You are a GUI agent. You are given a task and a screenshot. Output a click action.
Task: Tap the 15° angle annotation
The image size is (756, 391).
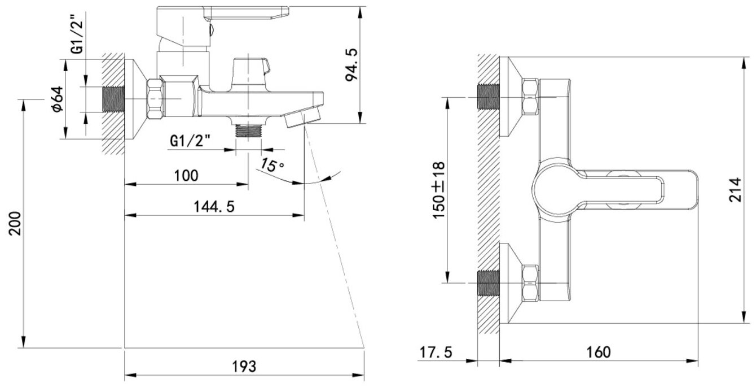coord(271,165)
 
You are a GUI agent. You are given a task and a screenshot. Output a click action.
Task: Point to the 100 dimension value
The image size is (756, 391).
coord(186,175)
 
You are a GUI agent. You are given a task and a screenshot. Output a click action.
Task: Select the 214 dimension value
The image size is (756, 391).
coord(735,191)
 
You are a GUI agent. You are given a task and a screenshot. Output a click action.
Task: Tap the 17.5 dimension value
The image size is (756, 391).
coord(436,352)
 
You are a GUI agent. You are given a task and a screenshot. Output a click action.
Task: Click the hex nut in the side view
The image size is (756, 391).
coord(156,98)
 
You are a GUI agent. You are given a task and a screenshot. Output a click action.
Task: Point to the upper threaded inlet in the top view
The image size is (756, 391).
coord(489,98)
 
